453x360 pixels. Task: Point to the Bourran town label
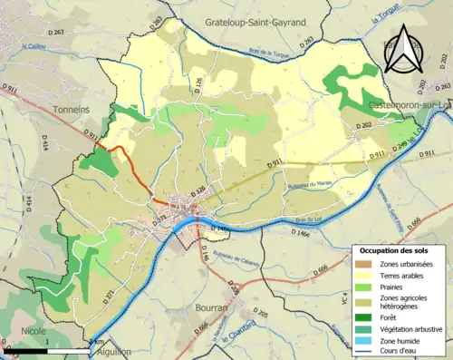pyautogui.click(x=211, y=308)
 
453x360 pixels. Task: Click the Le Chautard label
pyautogui.click(x=241, y=342)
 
